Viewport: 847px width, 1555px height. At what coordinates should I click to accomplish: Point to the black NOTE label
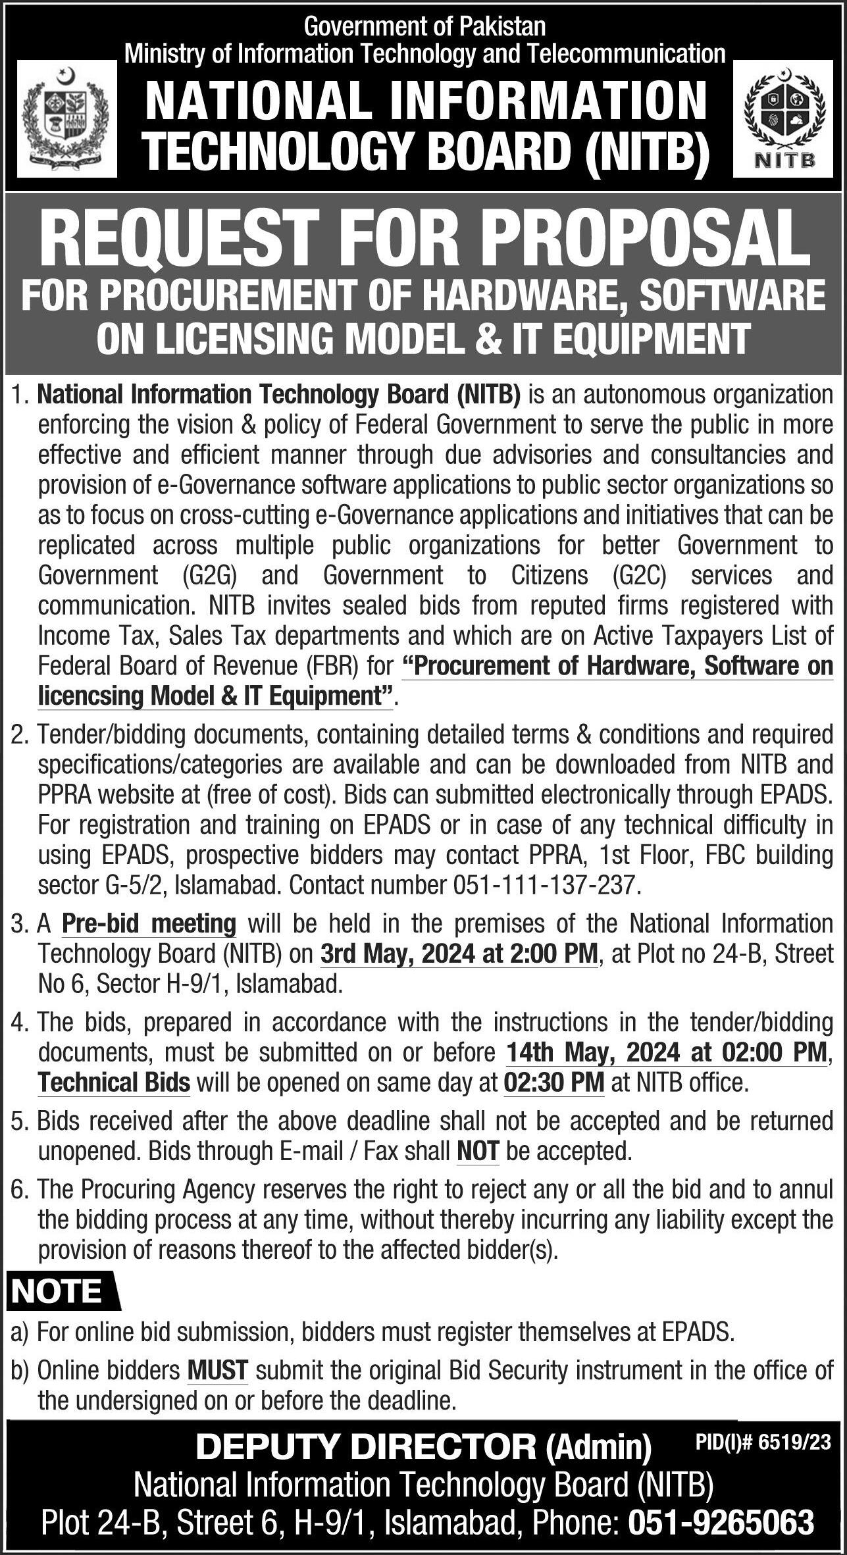point(58,1292)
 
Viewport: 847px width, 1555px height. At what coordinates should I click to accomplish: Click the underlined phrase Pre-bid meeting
point(149,924)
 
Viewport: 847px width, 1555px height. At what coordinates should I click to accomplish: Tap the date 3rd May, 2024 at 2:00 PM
point(459,954)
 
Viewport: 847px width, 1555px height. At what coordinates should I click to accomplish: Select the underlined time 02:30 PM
point(553,1083)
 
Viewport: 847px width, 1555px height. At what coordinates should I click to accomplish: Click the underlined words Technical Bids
point(114,1083)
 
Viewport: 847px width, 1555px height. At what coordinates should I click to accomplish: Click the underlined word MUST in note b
point(218,1371)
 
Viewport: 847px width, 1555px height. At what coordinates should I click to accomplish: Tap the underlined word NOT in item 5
point(478,1151)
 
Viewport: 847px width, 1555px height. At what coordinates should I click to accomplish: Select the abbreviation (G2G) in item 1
point(210,575)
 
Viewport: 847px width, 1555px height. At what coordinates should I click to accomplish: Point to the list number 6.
point(19,1190)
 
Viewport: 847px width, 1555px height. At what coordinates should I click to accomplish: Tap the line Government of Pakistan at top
point(425,26)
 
